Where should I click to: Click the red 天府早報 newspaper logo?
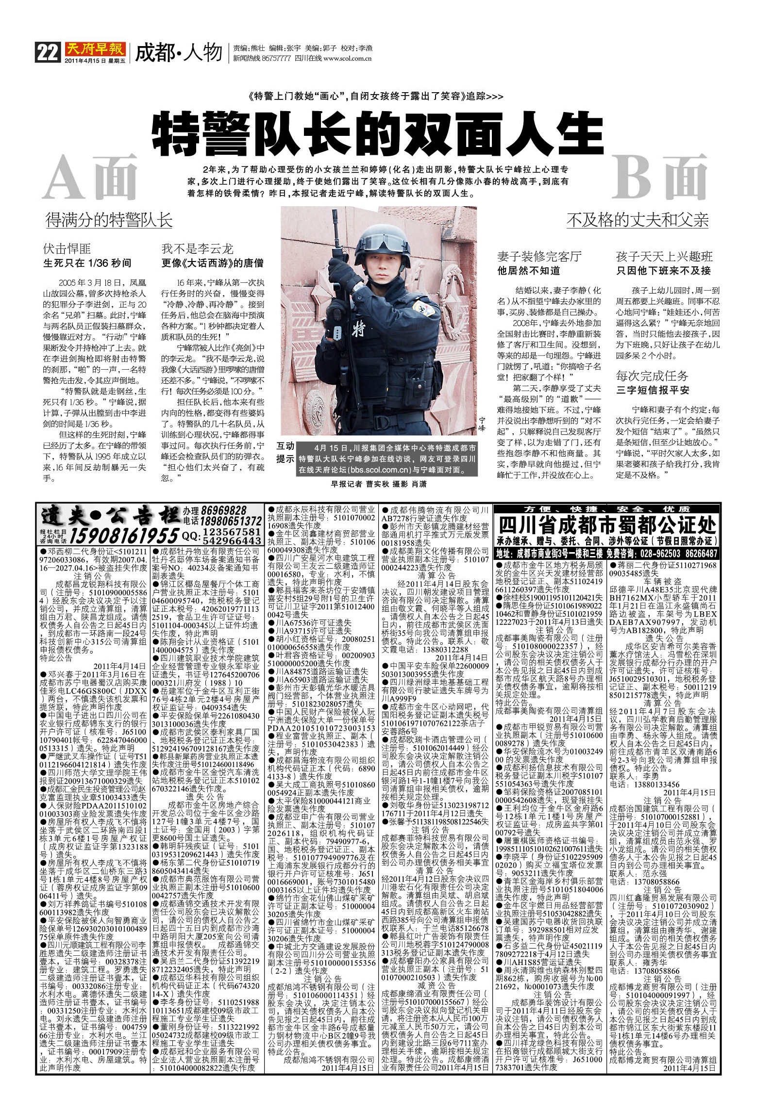(x=95, y=49)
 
